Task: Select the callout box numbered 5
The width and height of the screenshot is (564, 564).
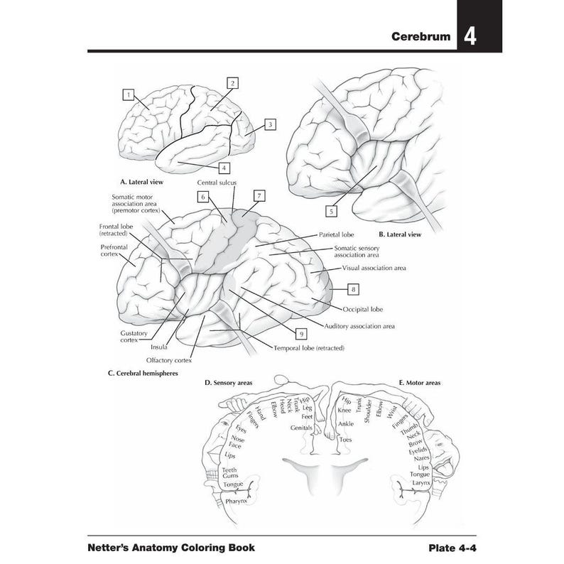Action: (x=331, y=210)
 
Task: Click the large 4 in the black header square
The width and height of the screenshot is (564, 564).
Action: (x=470, y=36)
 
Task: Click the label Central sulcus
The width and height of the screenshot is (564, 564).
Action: (x=217, y=183)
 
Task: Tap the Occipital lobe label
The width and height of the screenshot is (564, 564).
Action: (x=363, y=310)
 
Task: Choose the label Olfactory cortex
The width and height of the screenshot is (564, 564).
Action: (x=169, y=360)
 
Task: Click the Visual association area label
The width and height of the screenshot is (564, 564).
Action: (x=374, y=269)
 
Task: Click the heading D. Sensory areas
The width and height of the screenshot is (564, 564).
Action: (x=229, y=383)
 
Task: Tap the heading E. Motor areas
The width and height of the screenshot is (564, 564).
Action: (x=419, y=383)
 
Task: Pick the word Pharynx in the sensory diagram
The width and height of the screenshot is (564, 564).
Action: (x=236, y=501)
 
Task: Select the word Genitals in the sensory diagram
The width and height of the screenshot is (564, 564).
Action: (x=302, y=428)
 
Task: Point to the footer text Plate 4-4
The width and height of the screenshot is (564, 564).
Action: (x=451, y=548)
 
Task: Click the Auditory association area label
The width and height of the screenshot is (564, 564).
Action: (x=359, y=326)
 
